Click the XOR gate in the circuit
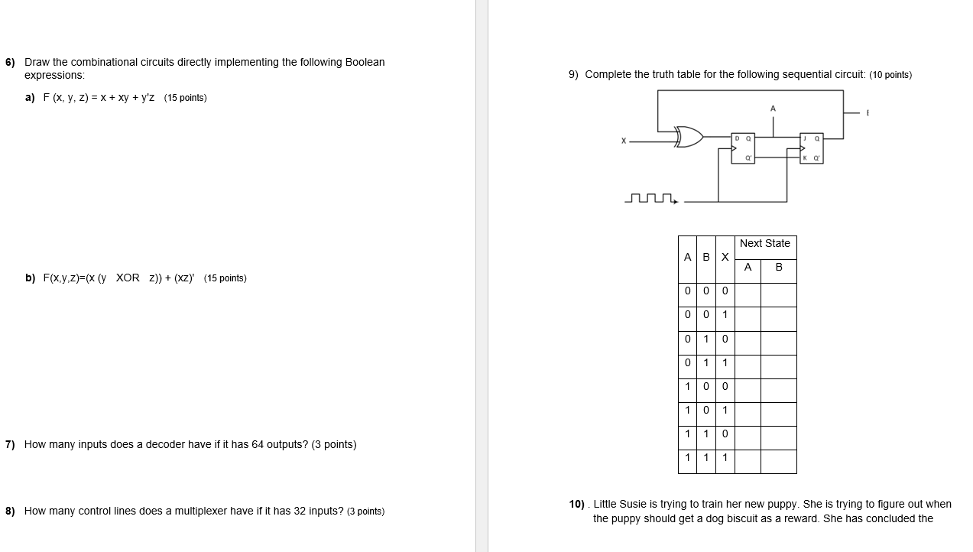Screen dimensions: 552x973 [689, 137]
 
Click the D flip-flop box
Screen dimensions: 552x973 [742, 148]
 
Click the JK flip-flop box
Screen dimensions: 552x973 [811, 148]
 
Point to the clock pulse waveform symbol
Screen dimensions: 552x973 [651, 199]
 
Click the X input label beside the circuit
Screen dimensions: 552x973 [624, 141]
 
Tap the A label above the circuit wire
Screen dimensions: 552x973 [773, 109]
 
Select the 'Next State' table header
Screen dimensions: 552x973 [765, 243]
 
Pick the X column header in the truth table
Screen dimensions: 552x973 [725, 257]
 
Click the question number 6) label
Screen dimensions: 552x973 [11, 62]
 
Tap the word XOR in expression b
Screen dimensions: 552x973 [128, 278]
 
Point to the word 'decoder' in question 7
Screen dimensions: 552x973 [166, 444]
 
